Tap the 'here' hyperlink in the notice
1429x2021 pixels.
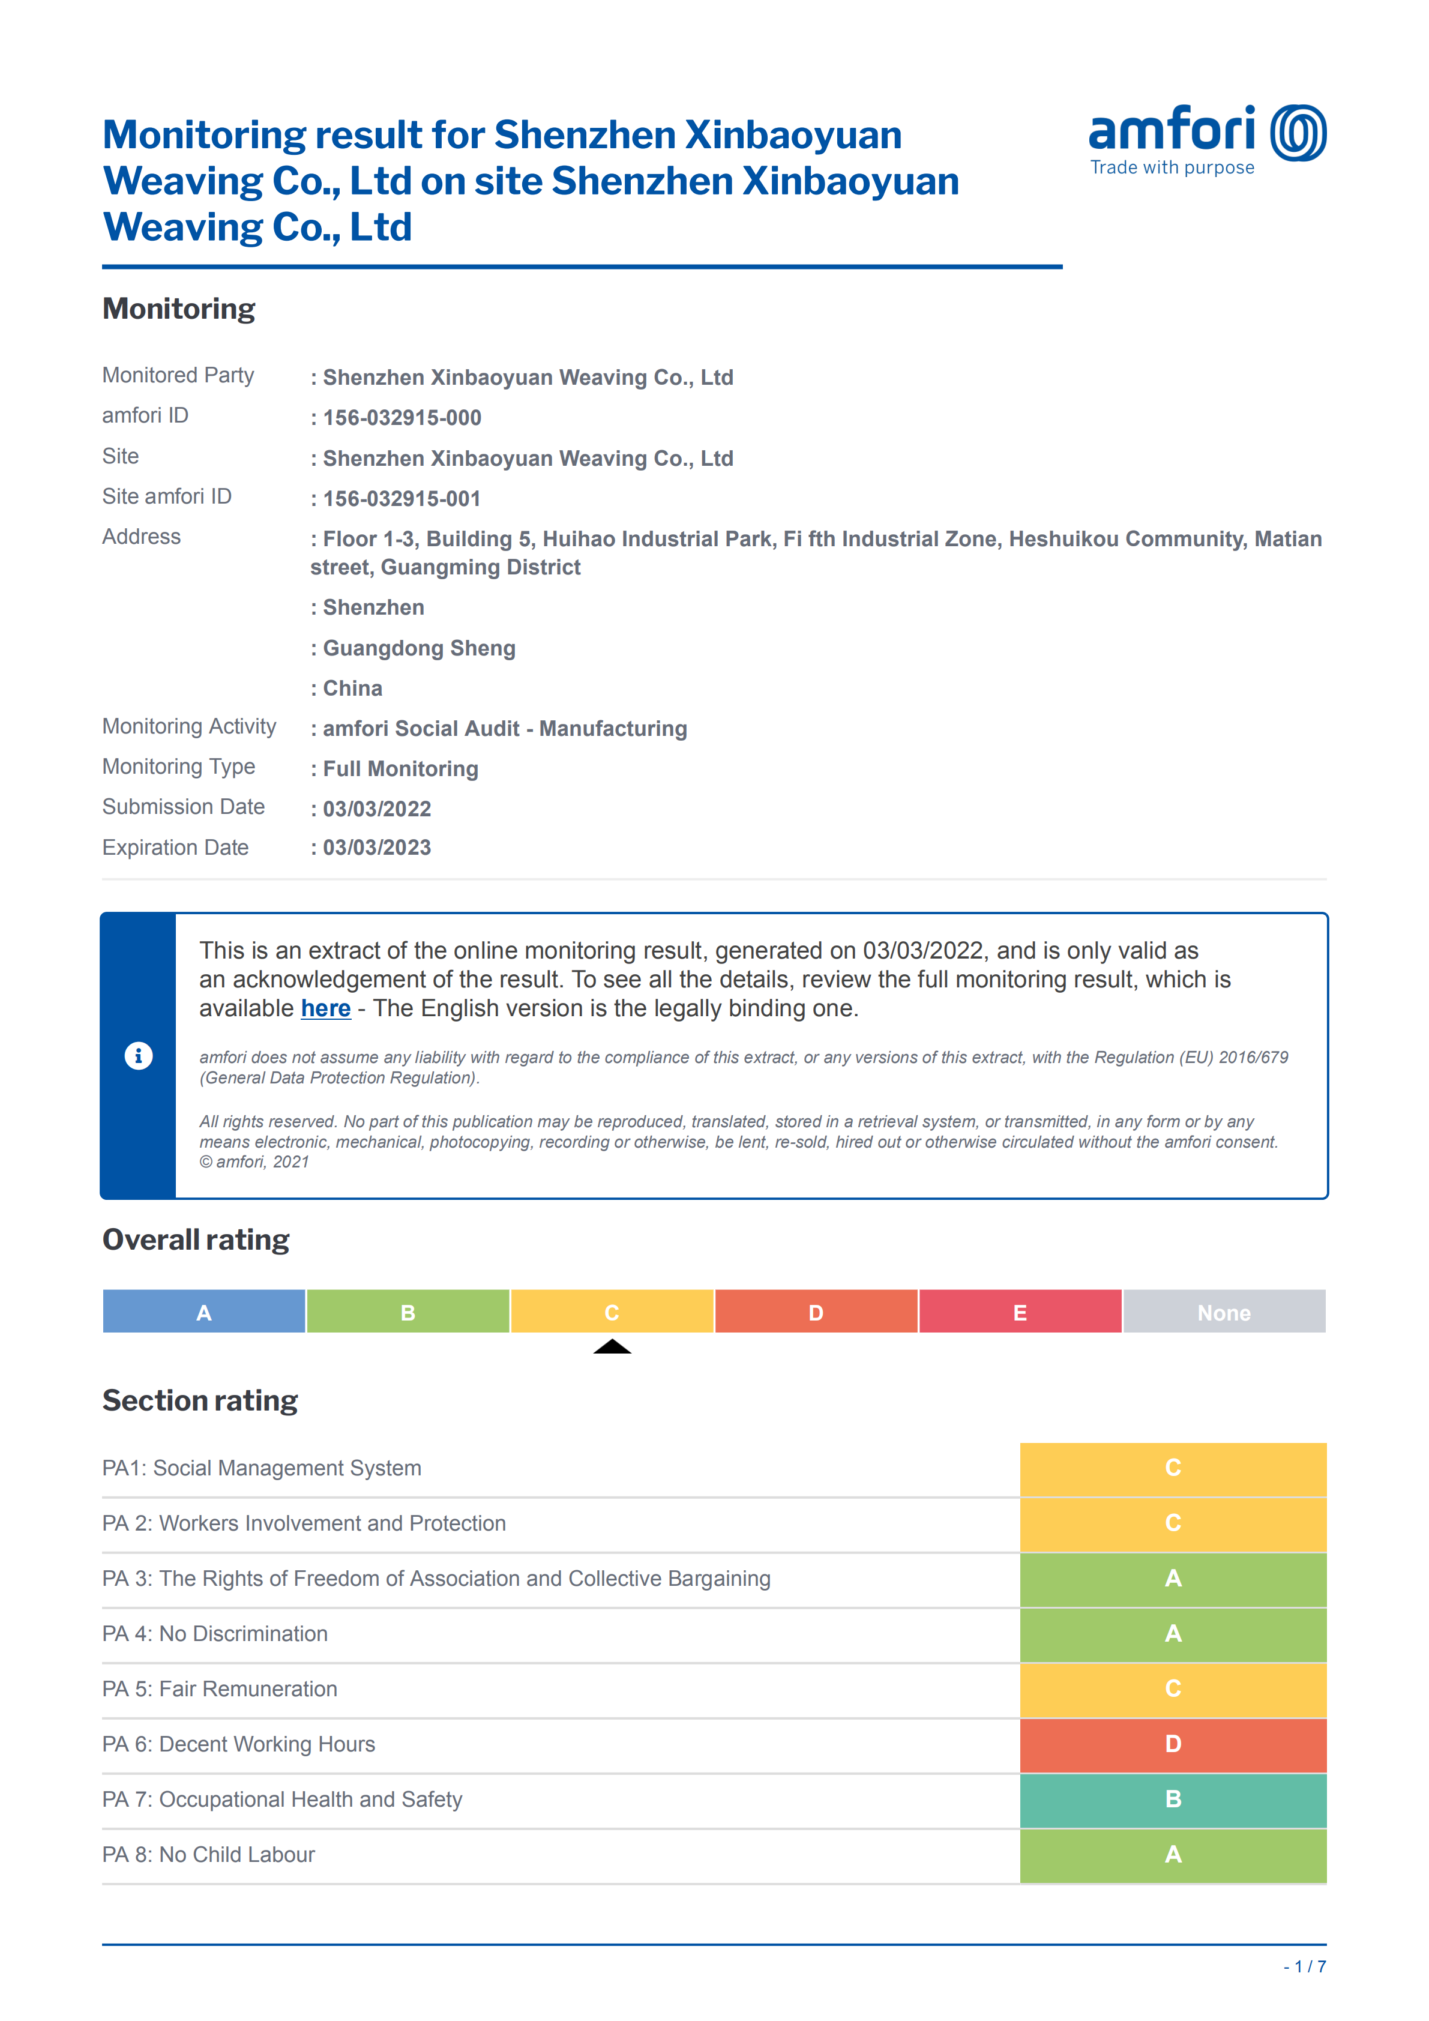[x=325, y=1009]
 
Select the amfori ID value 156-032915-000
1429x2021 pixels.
[x=402, y=418]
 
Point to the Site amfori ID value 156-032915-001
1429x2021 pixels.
[x=402, y=499]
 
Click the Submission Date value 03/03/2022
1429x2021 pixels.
[x=377, y=809]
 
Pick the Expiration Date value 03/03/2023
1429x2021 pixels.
[x=377, y=848]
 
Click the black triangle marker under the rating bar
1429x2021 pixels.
[x=612, y=1347]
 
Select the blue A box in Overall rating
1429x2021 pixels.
[x=204, y=1312]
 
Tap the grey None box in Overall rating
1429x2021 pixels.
[x=1224, y=1312]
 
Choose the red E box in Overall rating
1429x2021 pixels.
[x=1020, y=1312]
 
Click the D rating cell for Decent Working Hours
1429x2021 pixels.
[x=1173, y=1745]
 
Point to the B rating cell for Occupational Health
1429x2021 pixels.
[x=1173, y=1800]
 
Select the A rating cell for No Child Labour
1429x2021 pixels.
[x=1173, y=1855]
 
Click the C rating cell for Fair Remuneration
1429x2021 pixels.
[x=1173, y=1689]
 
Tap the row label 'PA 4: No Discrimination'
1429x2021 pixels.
[x=215, y=1634]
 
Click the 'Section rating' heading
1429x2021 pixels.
[x=200, y=1400]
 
